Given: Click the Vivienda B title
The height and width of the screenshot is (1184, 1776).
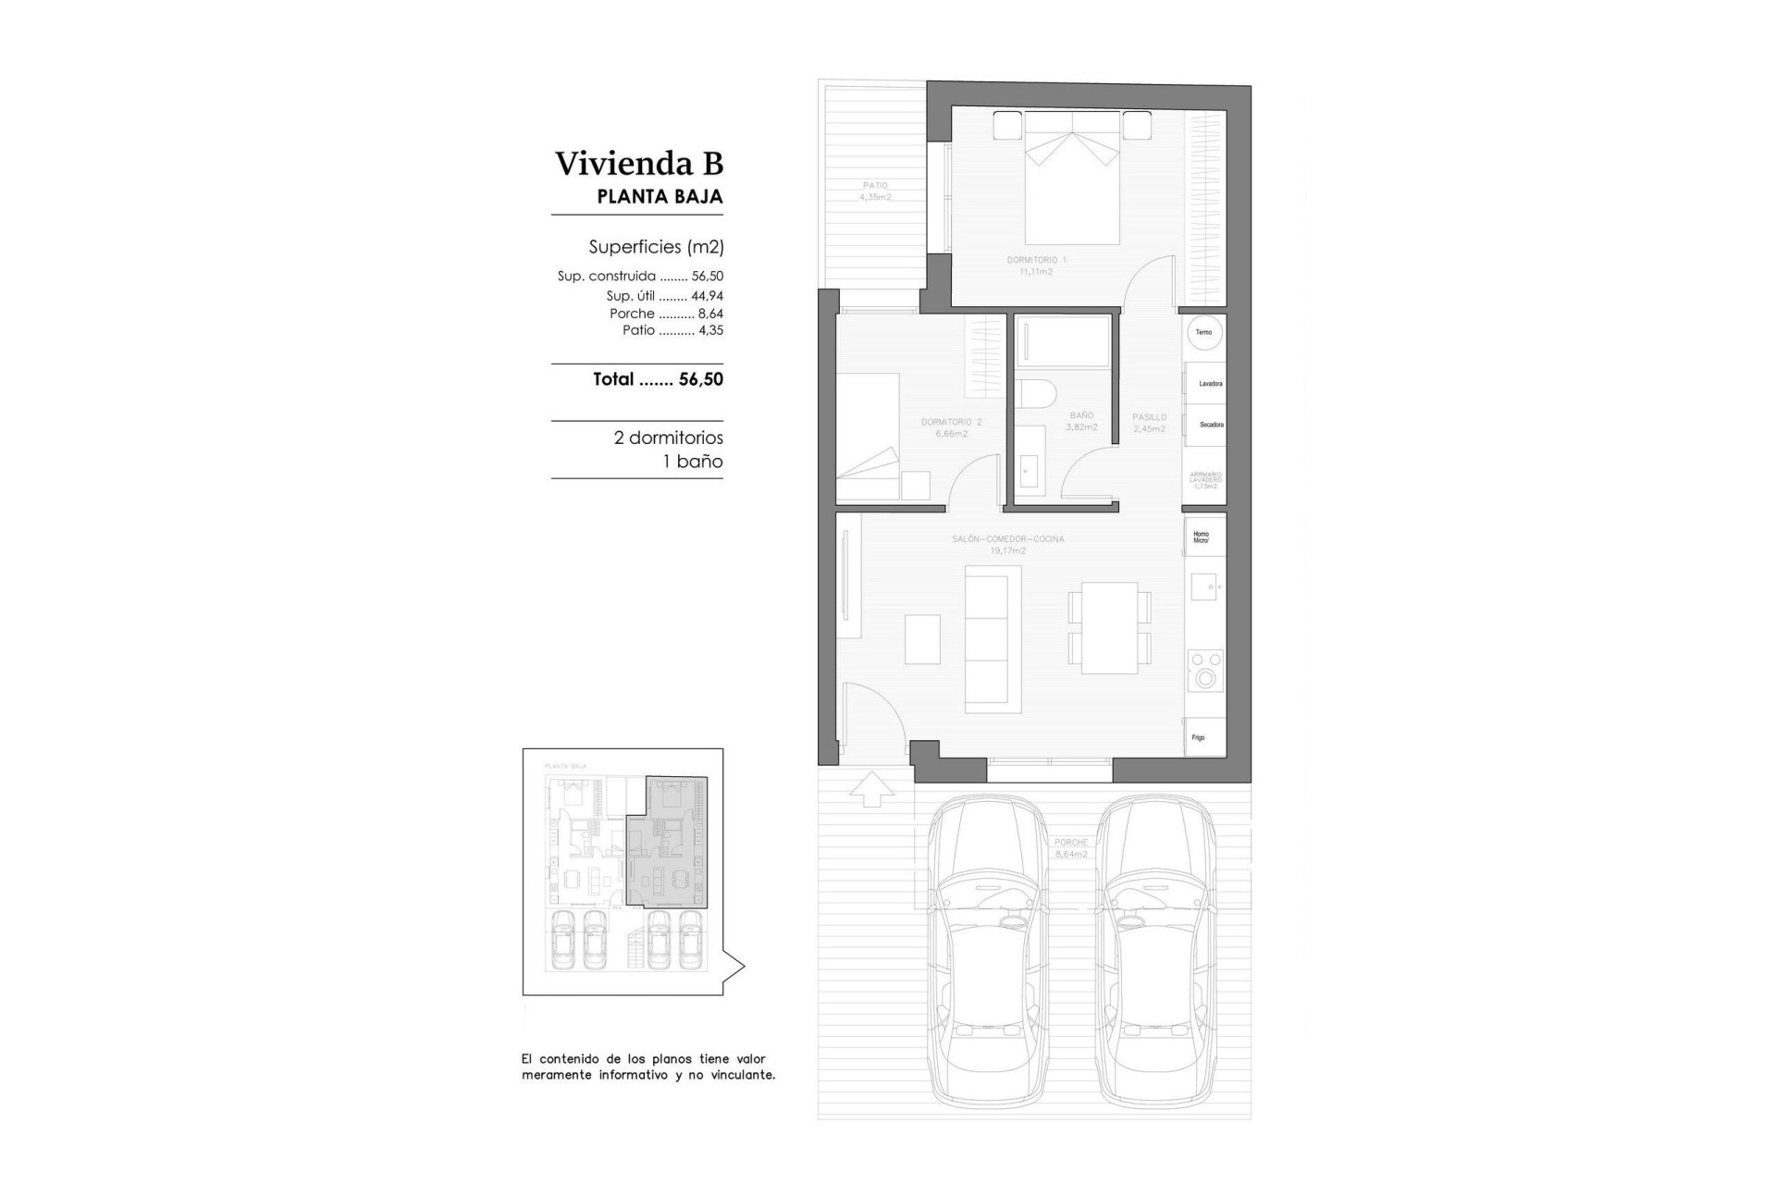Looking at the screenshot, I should [638, 164].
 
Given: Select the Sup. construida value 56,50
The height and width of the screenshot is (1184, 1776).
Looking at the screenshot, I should [707, 276].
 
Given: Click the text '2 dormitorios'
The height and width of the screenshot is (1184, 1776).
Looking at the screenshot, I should [668, 438].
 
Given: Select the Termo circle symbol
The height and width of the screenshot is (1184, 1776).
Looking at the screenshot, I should [1203, 332].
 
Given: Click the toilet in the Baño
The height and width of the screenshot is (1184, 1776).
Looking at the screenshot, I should [1036, 396].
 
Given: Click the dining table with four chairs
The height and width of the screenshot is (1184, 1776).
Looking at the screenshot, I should [1109, 627].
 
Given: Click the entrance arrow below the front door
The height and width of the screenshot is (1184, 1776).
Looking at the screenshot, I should [870, 790].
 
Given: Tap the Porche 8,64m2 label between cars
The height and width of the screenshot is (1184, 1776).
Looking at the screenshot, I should [1070, 848].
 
